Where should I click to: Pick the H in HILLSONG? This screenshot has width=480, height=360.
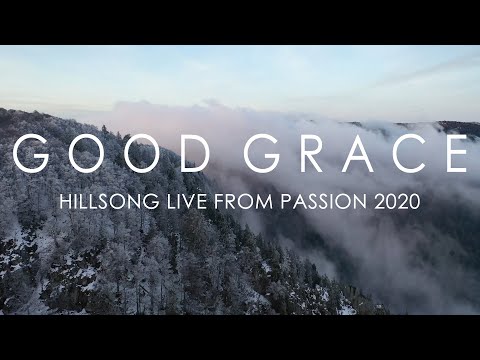pos(67,202)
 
